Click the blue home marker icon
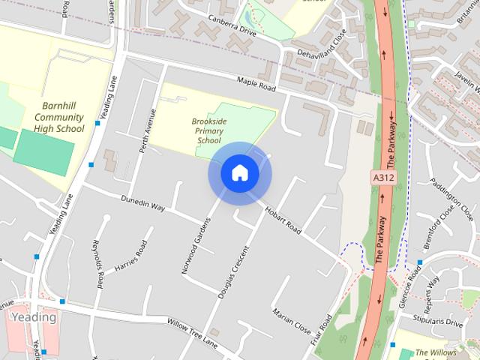(239, 173)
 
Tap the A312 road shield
(382, 178)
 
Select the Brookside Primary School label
(209, 130)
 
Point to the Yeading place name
(34, 317)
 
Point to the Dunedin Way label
(142, 202)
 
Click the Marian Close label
(292, 322)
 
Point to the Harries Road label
(131, 257)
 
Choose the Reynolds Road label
(97, 264)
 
